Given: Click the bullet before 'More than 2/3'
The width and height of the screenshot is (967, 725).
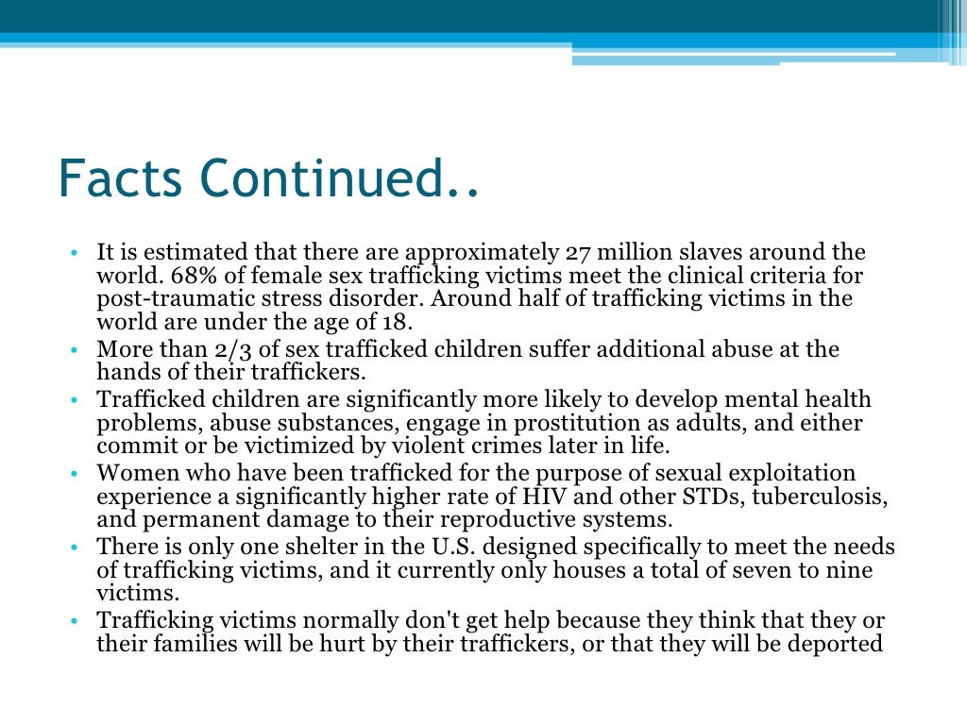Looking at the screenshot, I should pyautogui.click(x=74, y=350).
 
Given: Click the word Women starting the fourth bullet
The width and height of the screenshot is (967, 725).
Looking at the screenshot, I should pyautogui.click(x=135, y=473).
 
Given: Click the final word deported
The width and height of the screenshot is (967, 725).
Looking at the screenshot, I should pyautogui.click(x=836, y=645).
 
